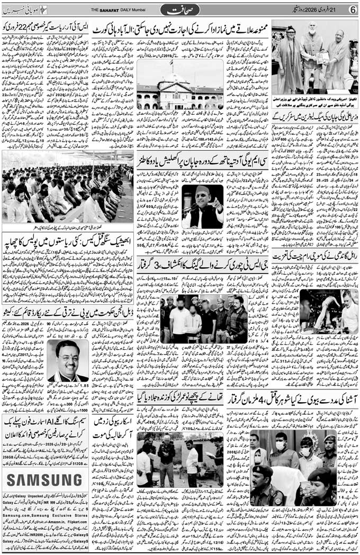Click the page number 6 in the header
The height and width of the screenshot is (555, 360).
click(x=352, y=10)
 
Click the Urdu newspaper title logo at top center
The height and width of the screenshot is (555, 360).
click(x=179, y=10)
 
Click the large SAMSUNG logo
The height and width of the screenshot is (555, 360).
click(x=45, y=479)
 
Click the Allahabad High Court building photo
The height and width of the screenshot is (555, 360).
click(x=180, y=85)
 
